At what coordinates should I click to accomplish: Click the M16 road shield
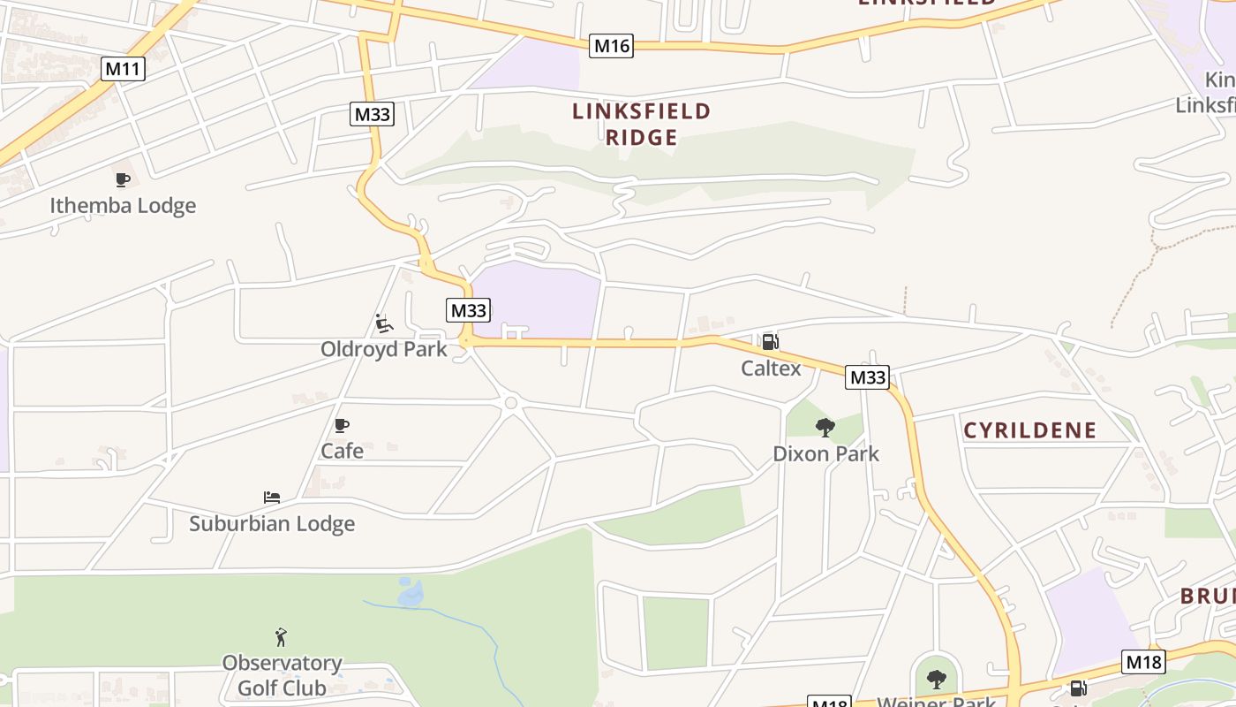click(x=612, y=45)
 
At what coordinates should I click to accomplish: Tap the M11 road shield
click(x=123, y=69)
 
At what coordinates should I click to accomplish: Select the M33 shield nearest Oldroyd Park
click(x=468, y=310)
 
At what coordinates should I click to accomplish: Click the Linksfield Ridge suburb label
click(x=641, y=124)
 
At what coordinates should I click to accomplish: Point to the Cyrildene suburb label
click(x=1029, y=430)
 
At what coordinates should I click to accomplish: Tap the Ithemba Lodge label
click(x=123, y=206)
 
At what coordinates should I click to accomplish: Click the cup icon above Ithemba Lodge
click(x=123, y=180)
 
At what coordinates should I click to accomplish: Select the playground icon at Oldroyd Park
click(x=383, y=323)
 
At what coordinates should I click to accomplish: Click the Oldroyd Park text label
click(x=383, y=349)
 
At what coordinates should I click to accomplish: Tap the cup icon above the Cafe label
click(x=342, y=426)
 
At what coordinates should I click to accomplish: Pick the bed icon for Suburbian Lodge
click(x=272, y=498)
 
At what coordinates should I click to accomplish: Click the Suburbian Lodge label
click(x=272, y=523)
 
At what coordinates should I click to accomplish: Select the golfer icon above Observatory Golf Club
click(x=281, y=636)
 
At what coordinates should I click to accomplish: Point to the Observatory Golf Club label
click(x=282, y=675)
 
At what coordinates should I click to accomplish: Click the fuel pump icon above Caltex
click(x=770, y=342)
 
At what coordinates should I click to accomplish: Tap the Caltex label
click(x=771, y=369)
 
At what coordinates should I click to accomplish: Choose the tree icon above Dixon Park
click(x=825, y=428)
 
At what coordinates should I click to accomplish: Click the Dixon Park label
click(x=825, y=454)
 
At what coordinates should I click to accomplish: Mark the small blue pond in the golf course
click(x=411, y=592)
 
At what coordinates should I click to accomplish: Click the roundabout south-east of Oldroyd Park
click(x=510, y=403)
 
